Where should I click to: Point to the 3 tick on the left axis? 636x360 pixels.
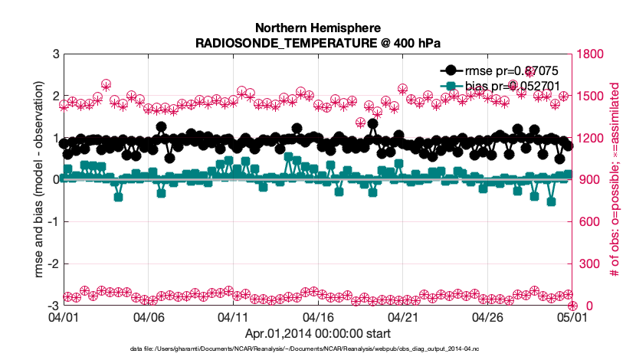click(55, 54)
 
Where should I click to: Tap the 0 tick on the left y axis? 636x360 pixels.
click(55, 180)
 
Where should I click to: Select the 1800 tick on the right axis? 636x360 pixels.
click(591, 54)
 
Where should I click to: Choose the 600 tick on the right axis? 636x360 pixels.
click(588, 222)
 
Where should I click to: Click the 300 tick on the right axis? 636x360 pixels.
click(588, 264)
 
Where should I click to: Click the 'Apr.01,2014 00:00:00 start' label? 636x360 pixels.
click(318, 333)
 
